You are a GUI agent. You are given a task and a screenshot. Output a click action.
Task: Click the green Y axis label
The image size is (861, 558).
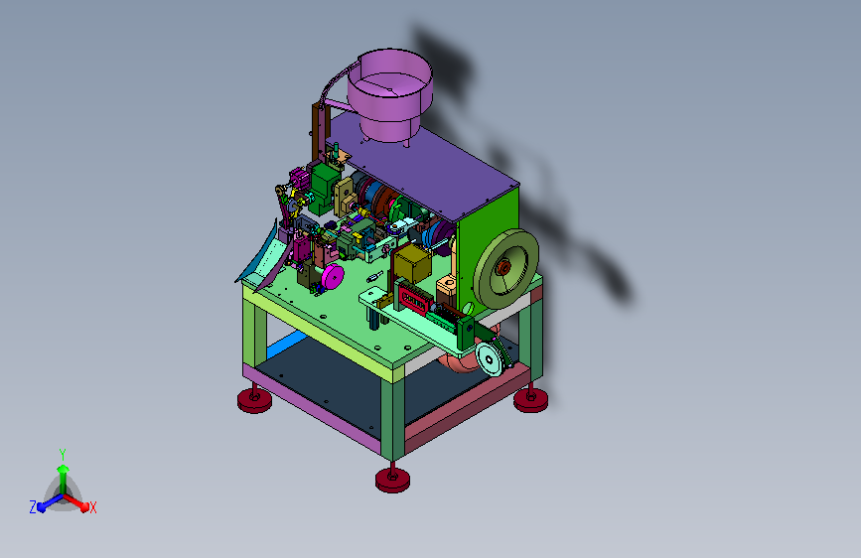(x=63, y=455)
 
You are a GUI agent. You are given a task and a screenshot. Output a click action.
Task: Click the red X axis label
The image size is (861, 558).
(x=92, y=507)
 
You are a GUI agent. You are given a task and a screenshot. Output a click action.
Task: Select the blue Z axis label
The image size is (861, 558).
(x=33, y=507)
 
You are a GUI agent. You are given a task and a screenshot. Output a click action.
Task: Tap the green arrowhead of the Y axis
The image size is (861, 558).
(x=64, y=470)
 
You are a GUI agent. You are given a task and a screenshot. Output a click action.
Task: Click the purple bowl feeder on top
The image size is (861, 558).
(x=390, y=93)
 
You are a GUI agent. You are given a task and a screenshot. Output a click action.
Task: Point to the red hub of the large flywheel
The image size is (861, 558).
(x=503, y=268)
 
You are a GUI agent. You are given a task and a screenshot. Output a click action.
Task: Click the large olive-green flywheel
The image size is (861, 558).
(x=505, y=268)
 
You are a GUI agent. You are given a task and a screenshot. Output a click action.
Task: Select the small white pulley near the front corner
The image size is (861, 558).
(x=490, y=358)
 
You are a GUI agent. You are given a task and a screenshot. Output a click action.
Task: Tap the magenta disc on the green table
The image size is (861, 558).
(x=333, y=276)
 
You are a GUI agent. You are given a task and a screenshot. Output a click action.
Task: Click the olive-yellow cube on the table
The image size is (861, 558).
(x=413, y=264)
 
